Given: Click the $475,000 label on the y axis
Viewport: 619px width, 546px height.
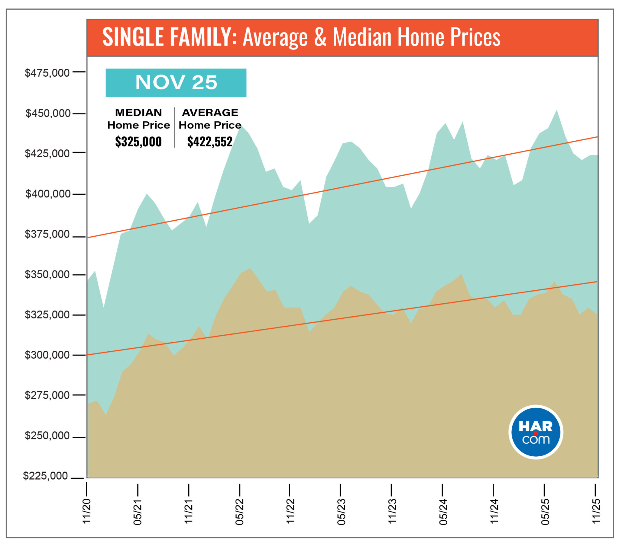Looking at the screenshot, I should coord(47,73).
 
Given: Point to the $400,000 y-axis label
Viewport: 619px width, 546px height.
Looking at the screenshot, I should coord(47,193).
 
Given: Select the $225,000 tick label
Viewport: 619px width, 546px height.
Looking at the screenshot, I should coord(45,476).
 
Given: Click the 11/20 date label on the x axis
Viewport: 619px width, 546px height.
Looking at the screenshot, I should coord(87,511).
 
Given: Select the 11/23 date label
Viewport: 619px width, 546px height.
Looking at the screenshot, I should coord(392,512).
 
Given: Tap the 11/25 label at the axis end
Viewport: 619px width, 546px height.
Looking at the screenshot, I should coord(596,511).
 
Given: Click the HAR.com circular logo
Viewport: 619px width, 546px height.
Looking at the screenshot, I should coord(536,432).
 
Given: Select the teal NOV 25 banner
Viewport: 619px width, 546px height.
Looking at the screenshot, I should coord(176,83).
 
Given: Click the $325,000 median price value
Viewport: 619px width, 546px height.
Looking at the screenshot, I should coord(138,142).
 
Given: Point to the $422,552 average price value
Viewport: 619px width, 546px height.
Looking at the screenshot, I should coord(209,142).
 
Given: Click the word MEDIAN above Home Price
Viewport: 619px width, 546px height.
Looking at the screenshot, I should coord(138,113).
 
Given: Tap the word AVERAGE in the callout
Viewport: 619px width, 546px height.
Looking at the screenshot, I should coord(210,113).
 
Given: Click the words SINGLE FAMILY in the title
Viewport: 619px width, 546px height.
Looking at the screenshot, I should coord(170,37).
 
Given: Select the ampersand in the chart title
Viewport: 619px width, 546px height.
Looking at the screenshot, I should coord(320,37).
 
